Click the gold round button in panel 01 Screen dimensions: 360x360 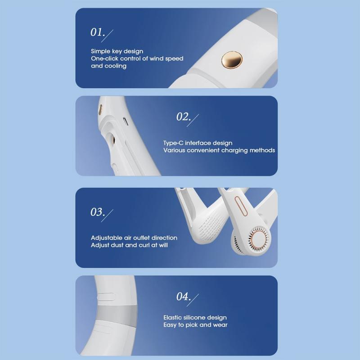tap(232, 60)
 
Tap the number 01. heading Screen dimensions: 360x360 tap(98, 32)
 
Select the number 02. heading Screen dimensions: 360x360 tap(184, 117)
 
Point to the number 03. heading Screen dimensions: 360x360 tap(98, 212)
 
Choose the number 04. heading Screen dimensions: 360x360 tap(184, 297)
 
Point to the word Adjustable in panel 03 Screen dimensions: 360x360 tap(106, 238)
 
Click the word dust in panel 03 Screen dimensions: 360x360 tap(117, 245)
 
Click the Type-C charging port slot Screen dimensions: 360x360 tap(126, 121)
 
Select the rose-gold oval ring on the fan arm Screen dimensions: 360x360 tap(241, 206)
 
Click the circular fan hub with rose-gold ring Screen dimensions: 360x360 tap(258, 238)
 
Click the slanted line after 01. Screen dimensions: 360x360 tap(107, 36)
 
